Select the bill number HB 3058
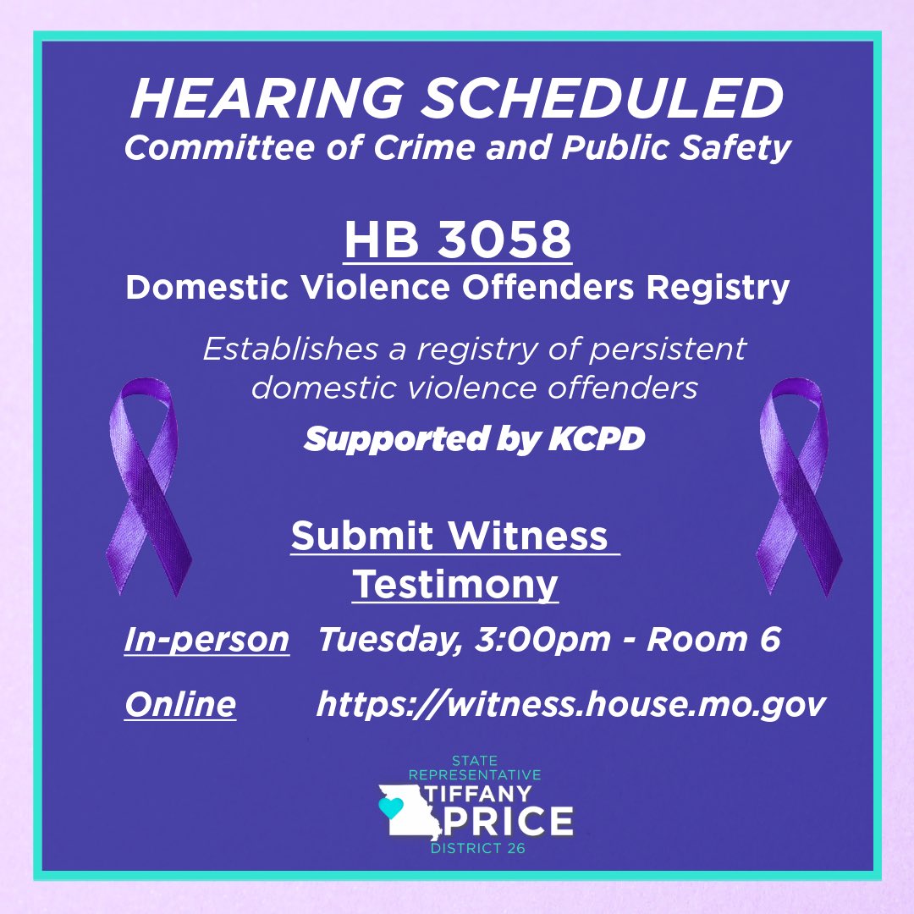[458, 240]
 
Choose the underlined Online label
[179, 704]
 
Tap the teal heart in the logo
[389, 807]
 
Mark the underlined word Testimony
[455, 584]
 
